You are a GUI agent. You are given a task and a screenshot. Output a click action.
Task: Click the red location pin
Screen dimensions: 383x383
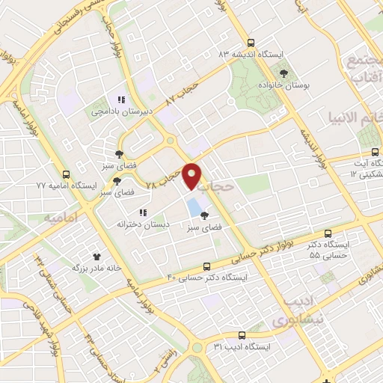(x=193, y=175)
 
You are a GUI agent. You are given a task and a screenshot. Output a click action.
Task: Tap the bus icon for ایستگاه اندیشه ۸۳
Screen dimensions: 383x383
(x=250, y=43)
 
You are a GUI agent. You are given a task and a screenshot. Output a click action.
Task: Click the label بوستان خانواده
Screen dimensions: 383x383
(x=284, y=86)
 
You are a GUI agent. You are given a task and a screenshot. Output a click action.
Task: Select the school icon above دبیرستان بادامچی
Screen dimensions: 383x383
(x=119, y=99)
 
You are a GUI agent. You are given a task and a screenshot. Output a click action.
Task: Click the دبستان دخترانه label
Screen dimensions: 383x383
(x=143, y=224)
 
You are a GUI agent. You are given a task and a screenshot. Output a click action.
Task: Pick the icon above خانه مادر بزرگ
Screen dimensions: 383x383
(x=96, y=256)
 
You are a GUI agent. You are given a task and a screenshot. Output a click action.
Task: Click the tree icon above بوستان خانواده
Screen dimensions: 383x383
(x=284, y=73)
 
